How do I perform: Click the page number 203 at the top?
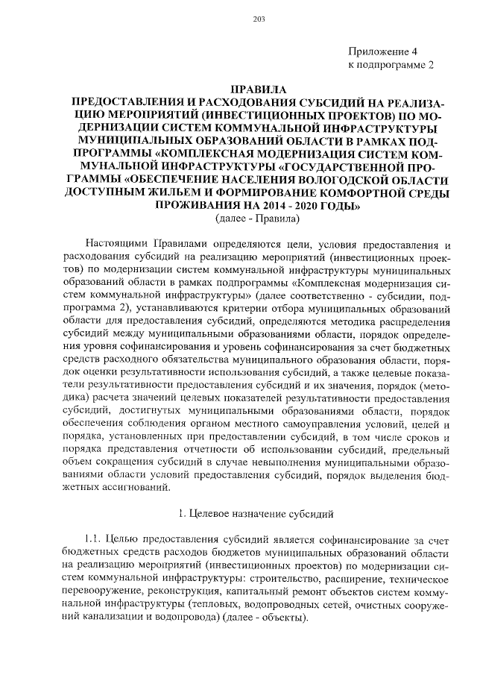(238, 19)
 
